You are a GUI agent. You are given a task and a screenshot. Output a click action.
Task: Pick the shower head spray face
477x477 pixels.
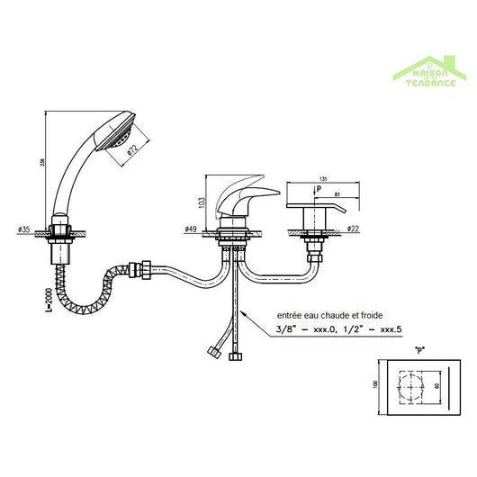click(x=119, y=138)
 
